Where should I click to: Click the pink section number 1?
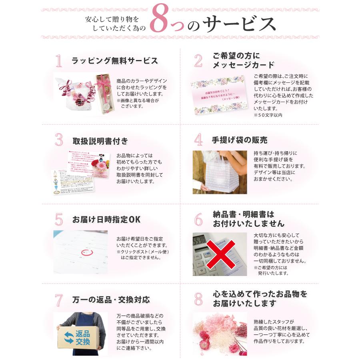[59, 61]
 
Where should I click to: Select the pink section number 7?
[59, 300]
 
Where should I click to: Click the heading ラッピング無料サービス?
[115, 61]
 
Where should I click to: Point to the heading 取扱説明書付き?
[100, 141]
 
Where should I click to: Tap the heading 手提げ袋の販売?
[240, 140]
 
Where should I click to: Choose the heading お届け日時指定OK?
[106, 220]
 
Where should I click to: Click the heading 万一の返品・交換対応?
[111, 300]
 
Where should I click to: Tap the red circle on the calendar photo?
[86, 252]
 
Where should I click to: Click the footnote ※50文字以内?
[268, 115]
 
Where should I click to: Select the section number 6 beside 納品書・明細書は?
[198, 219]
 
